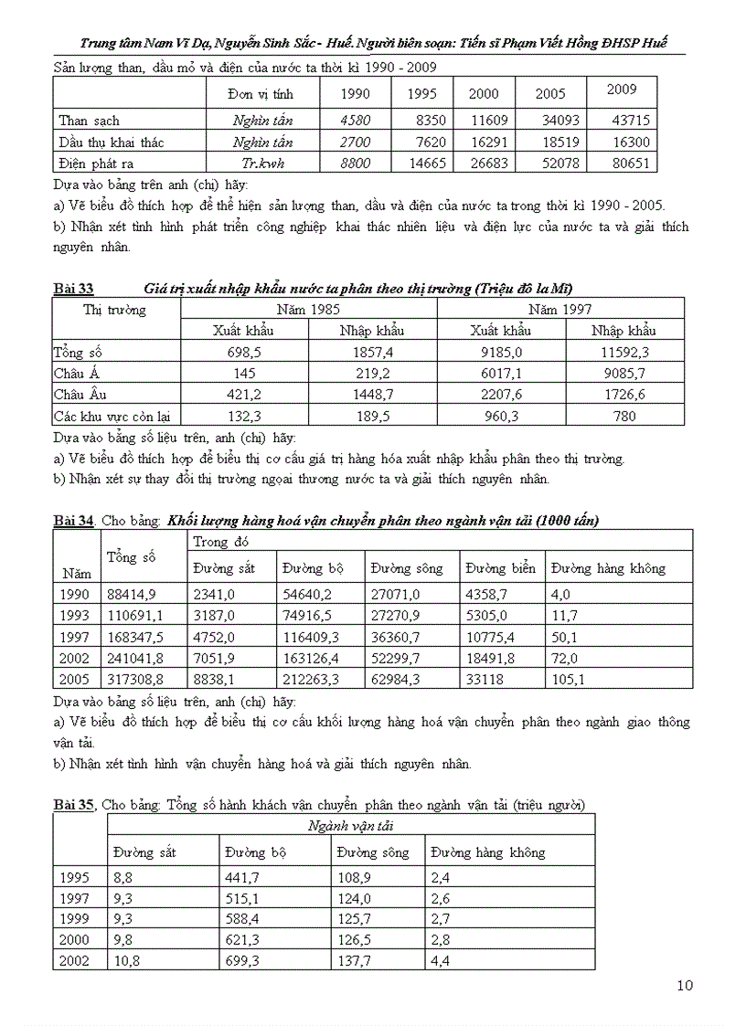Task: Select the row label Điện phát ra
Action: pyautogui.click(x=96, y=164)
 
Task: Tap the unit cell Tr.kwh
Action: pyautogui.click(x=262, y=164)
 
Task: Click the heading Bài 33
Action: pyautogui.click(x=73, y=289)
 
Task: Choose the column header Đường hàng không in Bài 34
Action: pyautogui.click(x=608, y=568)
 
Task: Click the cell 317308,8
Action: pyautogui.click(x=135, y=679)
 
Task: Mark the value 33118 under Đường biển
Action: pyautogui.click(x=485, y=679)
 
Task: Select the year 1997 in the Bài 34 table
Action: pyautogui.click(x=75, y=636)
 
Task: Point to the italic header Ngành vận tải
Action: pyautogui.click(x=351, y=826)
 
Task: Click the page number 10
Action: pyautogui.click(x=685, y=985)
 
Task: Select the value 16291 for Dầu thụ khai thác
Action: pyautogui.click(x=484, y=143)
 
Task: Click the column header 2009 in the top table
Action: pyautogui.click(x=621, y=90)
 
